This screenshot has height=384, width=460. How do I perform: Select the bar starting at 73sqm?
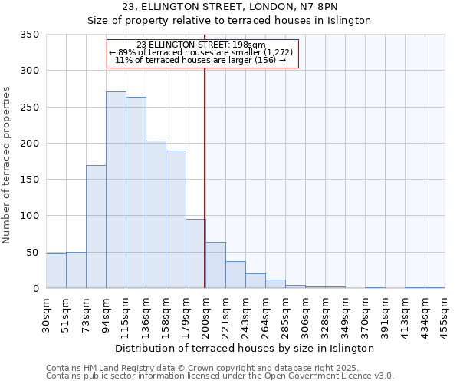pyautogui.click(x=96, y=227)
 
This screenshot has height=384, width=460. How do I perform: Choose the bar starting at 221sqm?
pyautogui.click(x=235, y=275)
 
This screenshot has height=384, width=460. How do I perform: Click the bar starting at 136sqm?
pyautogui.click(x=156, y=215)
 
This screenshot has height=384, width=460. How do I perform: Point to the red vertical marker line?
pyautogui.click(x=204, y=177)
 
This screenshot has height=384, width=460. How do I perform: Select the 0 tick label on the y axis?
pyautogui.click(x=35, y=289)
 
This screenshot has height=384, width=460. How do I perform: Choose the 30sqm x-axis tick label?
pyautogui.click(x=46, y=313)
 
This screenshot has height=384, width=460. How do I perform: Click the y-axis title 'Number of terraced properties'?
pyautogui.click(x=8, y=165)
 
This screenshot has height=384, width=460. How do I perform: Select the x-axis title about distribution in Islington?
pyautogui.click(x=245, y=348)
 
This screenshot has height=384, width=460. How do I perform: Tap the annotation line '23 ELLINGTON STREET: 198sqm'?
pyautogui.click(x=201, y=45)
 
